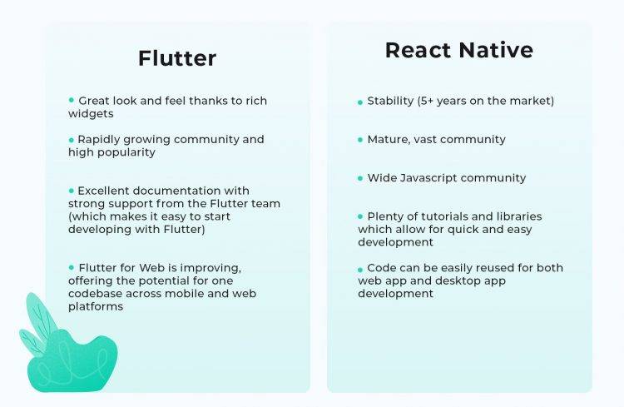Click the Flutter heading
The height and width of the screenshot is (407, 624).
click(x=177, y=58)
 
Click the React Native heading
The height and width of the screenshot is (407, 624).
click(x=458, y=51)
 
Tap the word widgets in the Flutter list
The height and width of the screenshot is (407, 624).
click(x=91, y=114)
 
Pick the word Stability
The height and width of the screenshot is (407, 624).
click(x=391, y=102)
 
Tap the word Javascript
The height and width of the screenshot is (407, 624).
click(x=442, y=178)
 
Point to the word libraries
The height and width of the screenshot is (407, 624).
click(x=518, y=216)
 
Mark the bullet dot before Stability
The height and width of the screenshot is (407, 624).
click(x=360, y=102)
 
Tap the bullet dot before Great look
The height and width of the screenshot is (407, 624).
click(x=72, y=100)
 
